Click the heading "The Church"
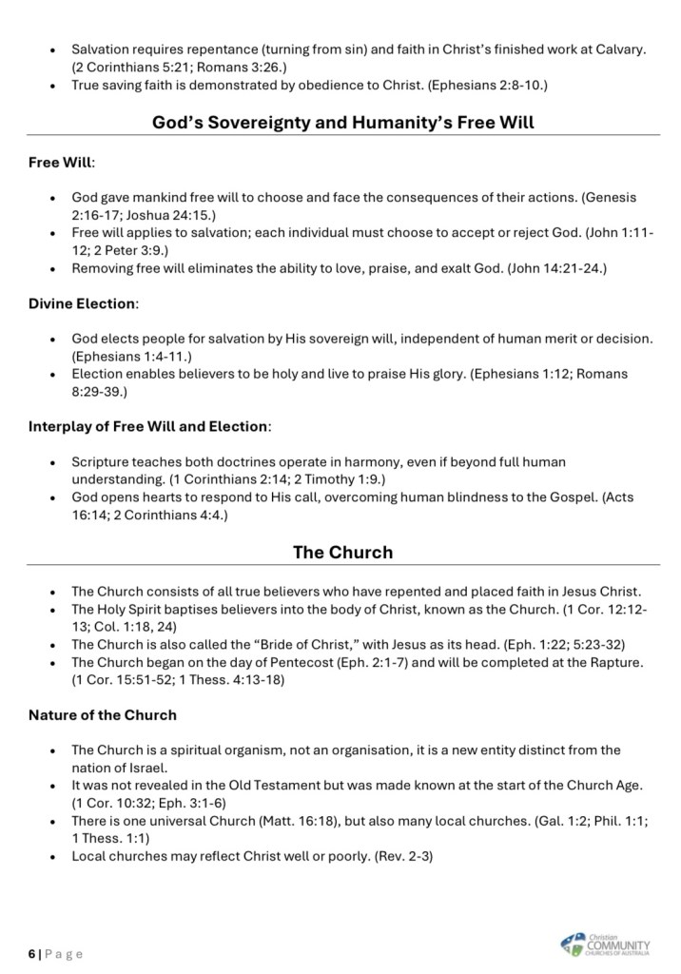342,552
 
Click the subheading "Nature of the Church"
102,714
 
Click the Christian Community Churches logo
606,944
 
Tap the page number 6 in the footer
31,953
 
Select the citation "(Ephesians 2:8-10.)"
487,85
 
